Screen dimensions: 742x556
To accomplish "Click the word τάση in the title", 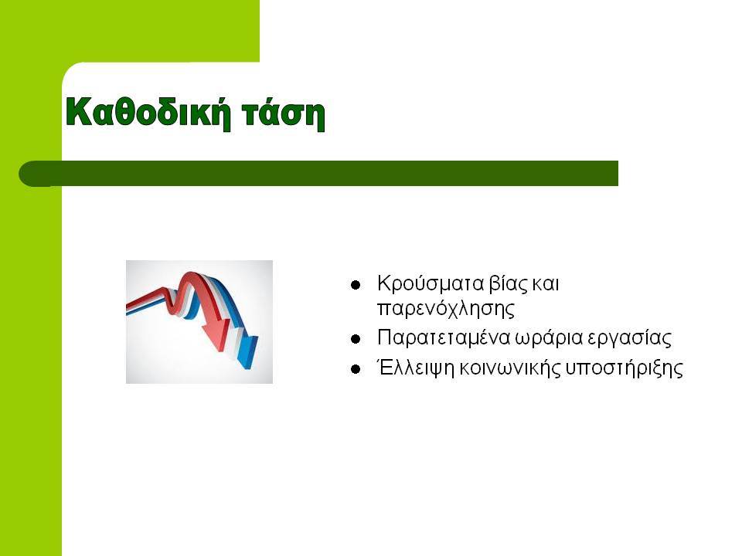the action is (x=284, y=113).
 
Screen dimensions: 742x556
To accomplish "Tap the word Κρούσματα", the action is (x=431, y=283).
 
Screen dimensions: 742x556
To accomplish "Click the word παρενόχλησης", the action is (x=446, y=309).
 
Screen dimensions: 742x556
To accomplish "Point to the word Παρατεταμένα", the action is (x=444, y=338).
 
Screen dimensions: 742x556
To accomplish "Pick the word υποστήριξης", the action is (x=624, y=368).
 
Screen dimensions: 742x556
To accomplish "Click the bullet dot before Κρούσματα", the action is (x=356, y=285).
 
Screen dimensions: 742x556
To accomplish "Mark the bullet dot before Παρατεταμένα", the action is (x=356, y=339).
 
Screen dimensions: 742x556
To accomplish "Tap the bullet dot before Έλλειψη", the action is (x=356, y=369).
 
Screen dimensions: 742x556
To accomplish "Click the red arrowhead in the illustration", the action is (x=216, y=334).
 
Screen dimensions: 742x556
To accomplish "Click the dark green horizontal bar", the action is (x=318, y=174).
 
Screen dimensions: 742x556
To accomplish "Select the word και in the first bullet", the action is (x=546, y=283).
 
